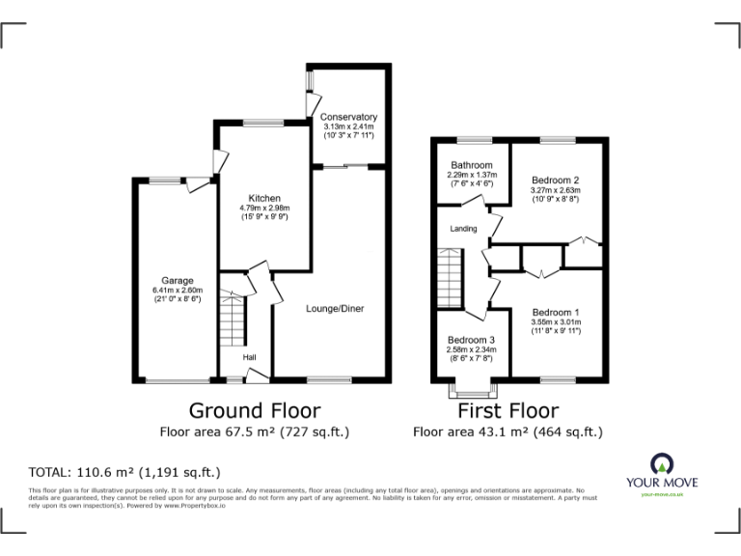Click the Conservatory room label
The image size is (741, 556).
point(348,117)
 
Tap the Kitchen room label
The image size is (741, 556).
point(264,198)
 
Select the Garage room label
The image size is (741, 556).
point(178,281)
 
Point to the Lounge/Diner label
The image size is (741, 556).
point(334,309)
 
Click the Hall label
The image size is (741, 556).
point(249,357)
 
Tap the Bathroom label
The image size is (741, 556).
point(472,165)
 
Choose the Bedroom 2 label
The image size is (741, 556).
point(555,181)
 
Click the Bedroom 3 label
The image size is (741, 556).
point(471,340)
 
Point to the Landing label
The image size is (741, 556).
point(463,229)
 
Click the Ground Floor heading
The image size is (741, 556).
point(254,410)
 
